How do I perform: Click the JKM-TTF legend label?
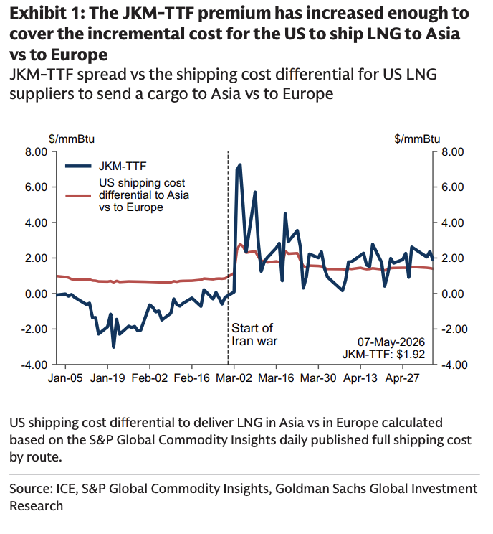pos(123,167)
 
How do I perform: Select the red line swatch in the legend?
pos(78,195)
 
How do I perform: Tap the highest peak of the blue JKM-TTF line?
pos(240,165)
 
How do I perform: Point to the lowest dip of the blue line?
pos(113,347)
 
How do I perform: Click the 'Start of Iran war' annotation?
pos(254,334)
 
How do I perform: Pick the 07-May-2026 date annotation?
pos(391,342)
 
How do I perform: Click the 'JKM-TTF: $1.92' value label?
pos(383,354)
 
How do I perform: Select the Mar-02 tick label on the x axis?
pos(234,378)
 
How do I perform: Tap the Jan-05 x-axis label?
pos(65,378)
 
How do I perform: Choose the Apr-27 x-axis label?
pos(403,378)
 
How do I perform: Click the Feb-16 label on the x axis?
pos(192,378)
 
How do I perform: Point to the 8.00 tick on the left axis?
pos(36,151)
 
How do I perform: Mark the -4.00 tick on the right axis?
pos(454,365)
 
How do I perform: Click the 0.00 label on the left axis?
pos(36,294)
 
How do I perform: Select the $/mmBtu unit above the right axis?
pos(417,139)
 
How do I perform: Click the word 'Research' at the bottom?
pos(37,506)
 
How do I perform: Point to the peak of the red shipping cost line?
pos(240,244)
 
